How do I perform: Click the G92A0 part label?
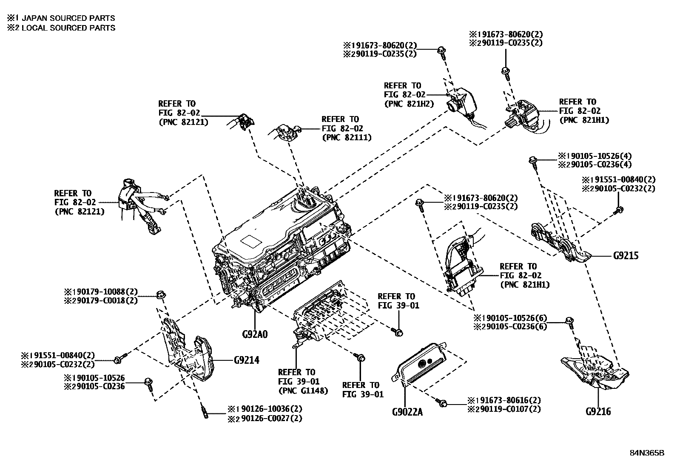pos(255,334)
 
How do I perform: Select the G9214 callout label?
pos(246,360)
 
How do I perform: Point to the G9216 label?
pos(598,411)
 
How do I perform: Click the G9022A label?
pos(407,412)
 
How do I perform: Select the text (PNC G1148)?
pos(303,391)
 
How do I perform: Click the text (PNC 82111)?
pos(347,137)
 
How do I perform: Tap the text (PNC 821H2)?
pos(409,103)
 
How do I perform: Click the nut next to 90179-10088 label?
pos(161,294)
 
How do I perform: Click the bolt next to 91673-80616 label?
pos(442,403)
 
